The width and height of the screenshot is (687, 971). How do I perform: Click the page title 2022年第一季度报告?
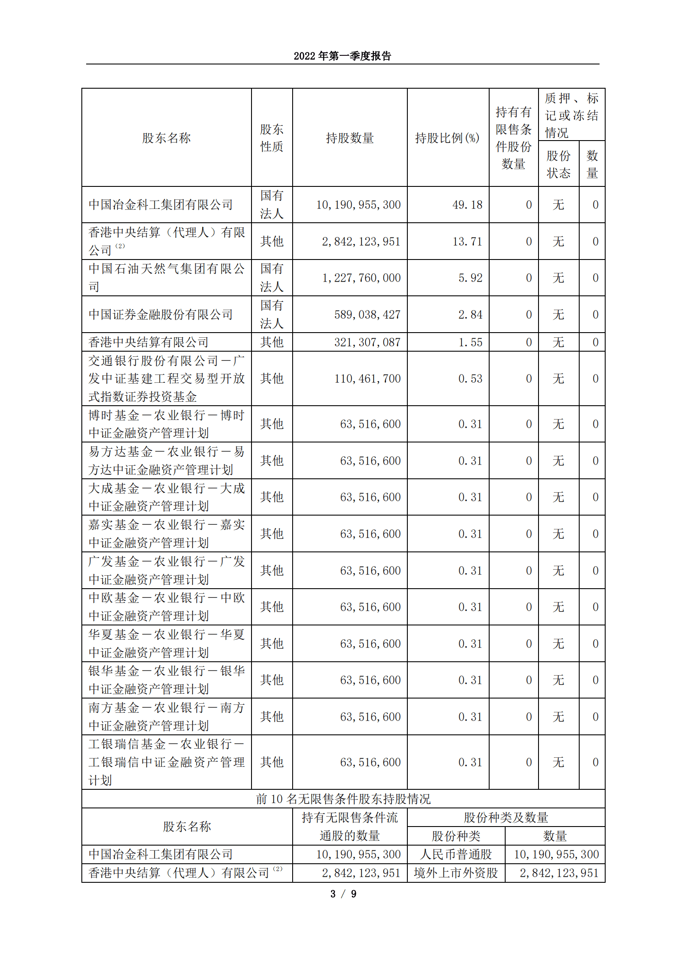point(342,56)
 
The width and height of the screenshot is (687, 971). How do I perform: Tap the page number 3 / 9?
point(343,894)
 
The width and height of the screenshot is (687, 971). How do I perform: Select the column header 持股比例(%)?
point(447,138)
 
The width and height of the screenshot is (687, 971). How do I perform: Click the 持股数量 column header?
point(349,138)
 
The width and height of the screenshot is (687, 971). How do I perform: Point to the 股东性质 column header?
point(271,138)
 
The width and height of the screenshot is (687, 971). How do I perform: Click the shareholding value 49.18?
point(467,205)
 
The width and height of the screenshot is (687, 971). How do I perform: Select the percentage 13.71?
point(467,241)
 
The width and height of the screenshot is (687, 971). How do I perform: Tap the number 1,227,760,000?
point(361,278)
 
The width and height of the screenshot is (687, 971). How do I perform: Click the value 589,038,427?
point(367,314)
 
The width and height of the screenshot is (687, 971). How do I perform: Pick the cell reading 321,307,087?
point(367,342)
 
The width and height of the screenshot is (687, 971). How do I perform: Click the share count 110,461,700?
point(367,378)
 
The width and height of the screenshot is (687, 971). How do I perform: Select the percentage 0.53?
point(470,378)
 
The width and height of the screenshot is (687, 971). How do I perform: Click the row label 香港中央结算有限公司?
point(148,342)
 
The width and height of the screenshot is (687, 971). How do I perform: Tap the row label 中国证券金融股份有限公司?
point(161,314)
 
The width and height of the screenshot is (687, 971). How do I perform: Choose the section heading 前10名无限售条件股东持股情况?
point(343,799)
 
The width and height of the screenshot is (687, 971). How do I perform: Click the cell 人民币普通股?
point(456,854)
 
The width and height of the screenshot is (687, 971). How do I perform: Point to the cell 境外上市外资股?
point(456,873)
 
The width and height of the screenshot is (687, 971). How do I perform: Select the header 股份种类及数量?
point(506,817)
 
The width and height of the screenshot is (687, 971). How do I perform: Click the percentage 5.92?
point(470,278)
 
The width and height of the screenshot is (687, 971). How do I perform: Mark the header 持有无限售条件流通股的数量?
point(349,827)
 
